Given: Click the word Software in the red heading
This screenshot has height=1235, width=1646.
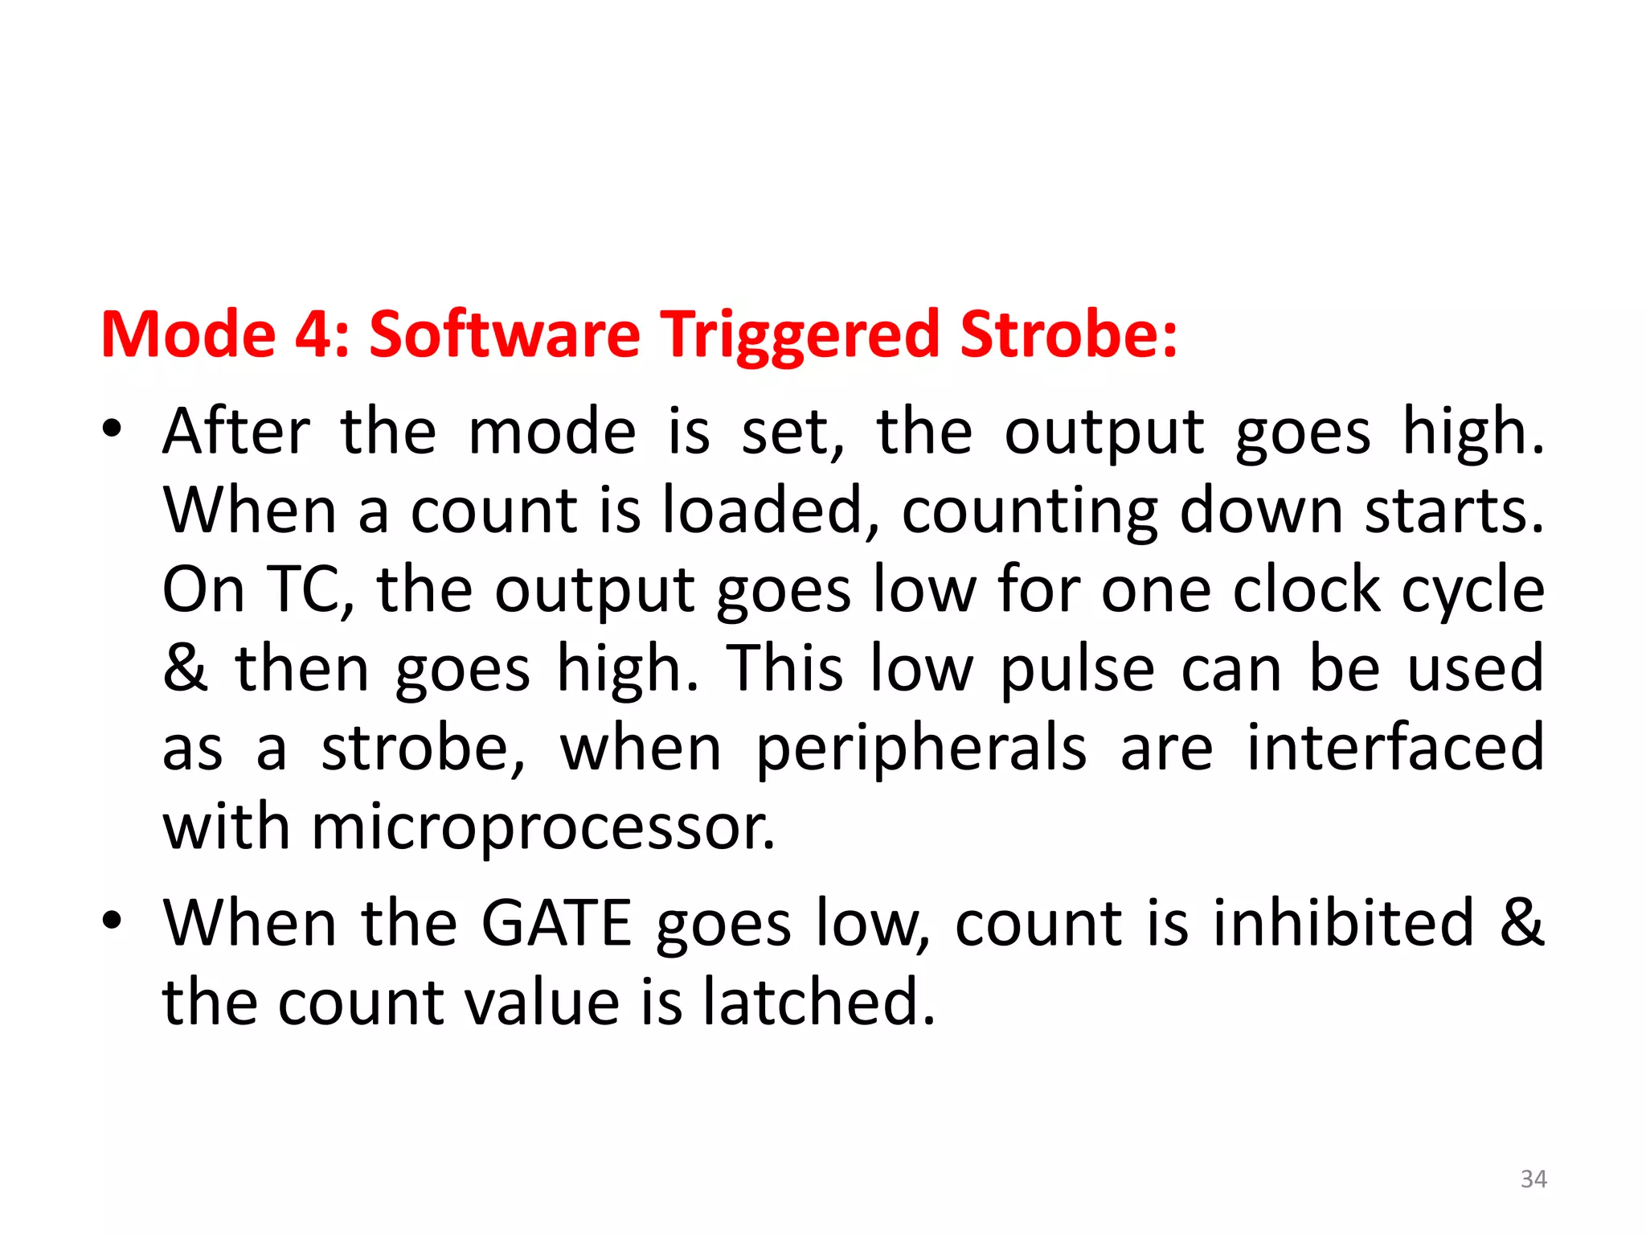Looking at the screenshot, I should tap(504, 334).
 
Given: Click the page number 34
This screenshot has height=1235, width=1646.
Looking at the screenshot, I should tap(1533, 1179).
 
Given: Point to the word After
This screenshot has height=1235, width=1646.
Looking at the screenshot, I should tap(235, 432).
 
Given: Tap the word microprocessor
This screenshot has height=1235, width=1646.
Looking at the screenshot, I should tap(543, 828).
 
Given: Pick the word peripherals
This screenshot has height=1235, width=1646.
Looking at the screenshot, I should tap(921, 749).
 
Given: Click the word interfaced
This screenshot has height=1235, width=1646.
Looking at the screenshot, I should tap(1395, 748).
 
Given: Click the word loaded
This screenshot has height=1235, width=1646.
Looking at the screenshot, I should tap(770, 511).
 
